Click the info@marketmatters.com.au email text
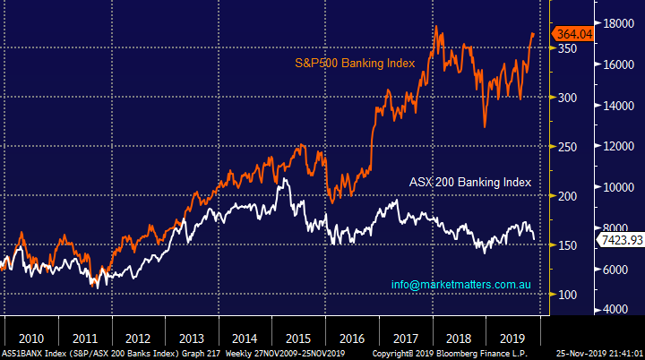463,285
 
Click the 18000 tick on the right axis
616,24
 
